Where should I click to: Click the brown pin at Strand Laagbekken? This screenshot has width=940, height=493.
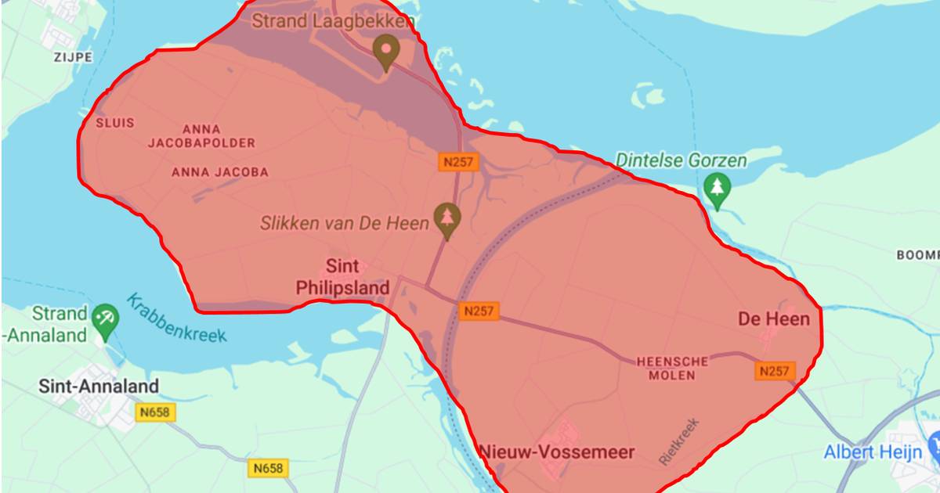(385, 51)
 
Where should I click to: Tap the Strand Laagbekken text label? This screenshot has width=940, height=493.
(332, 21)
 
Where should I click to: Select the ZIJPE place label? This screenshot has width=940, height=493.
(73, 57)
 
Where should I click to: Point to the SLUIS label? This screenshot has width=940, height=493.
(115, 123)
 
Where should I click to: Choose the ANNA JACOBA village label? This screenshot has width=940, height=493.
(219, 172)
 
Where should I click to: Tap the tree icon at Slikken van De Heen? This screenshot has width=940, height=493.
(447, 219)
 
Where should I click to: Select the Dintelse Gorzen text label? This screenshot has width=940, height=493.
(681, 160)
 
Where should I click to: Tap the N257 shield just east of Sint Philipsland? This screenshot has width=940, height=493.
(479, 310)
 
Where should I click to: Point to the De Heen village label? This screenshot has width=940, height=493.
(774, 318)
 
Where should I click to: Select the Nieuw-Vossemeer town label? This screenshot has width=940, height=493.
(556, 452)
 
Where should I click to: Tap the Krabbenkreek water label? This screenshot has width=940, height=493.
(177, 318)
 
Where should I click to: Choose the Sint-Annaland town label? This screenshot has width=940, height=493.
(99, 386)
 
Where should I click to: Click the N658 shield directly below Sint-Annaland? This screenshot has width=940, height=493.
(156, 412)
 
